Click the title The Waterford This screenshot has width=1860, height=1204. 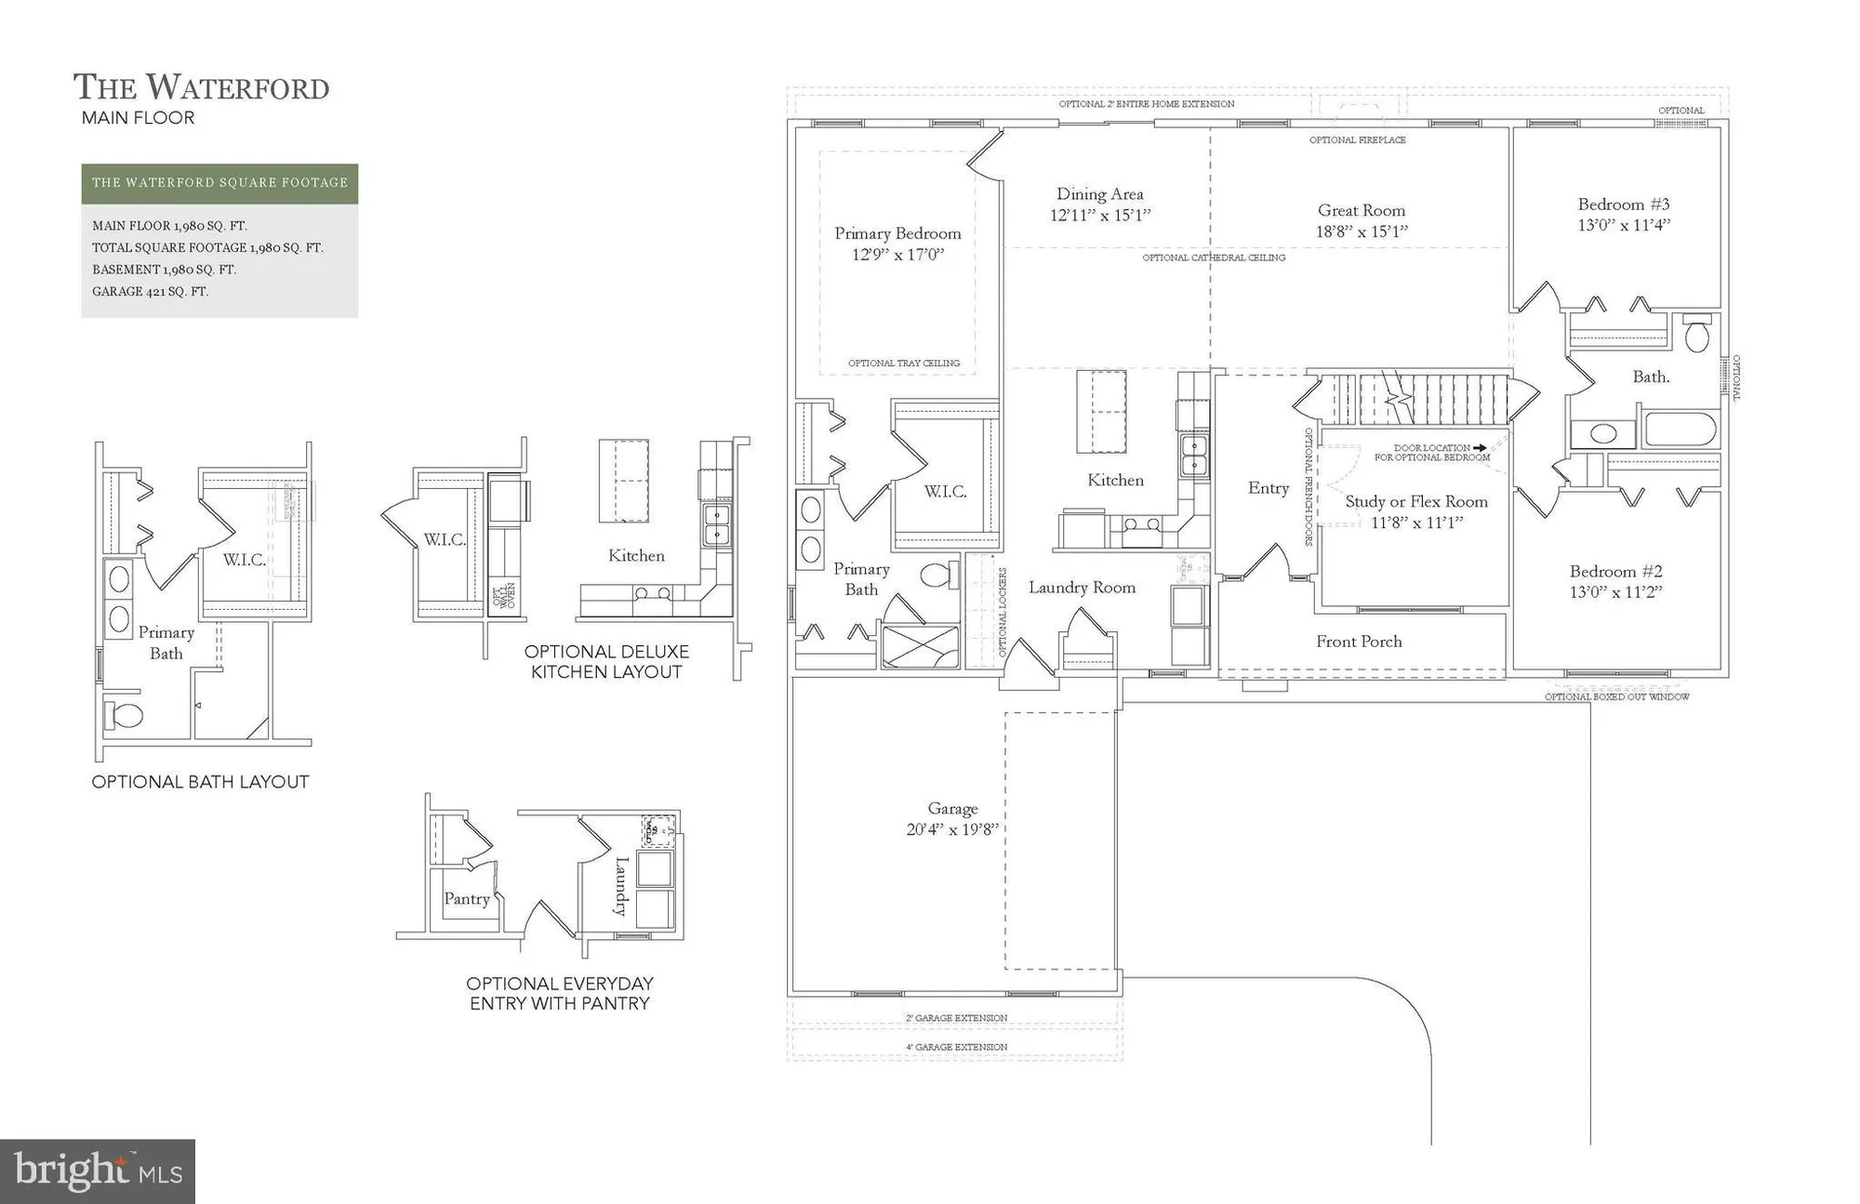201,87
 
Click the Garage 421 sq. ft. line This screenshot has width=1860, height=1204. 150,291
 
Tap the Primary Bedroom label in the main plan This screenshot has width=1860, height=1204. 897,233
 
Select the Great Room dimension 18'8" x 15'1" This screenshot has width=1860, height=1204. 1362,232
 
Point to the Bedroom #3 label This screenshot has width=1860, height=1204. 1624,205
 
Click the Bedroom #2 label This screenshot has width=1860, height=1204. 1615,572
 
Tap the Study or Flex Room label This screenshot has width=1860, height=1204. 1416,502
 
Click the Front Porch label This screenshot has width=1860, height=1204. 1359,642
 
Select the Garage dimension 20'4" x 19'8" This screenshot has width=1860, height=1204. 952,829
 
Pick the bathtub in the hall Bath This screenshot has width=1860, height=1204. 1681,431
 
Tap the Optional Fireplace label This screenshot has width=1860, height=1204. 1357,140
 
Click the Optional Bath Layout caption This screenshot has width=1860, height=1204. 200,782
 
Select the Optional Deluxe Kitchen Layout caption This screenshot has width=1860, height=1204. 606,662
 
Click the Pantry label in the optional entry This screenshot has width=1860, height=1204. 467,899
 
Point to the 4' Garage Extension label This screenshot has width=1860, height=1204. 956,1047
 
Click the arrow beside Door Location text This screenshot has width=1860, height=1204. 1480,448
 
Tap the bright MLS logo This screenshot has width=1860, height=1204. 98,1171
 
